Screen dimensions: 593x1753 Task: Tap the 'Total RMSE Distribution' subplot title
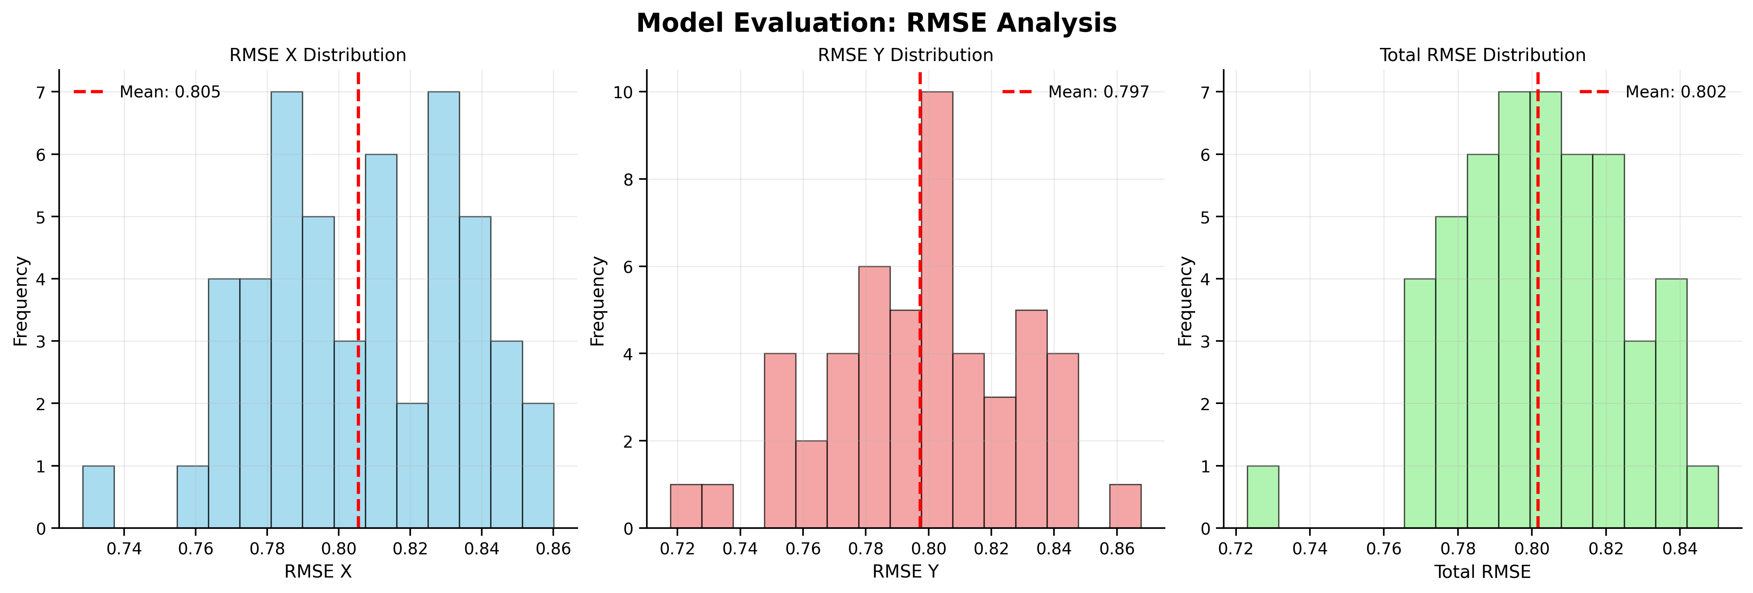tap(1482, 55)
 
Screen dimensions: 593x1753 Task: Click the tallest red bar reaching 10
tap(937, 309)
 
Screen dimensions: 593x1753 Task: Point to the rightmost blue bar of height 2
tap(538, 466)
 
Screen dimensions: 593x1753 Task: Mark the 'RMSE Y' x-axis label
tap(905, 572)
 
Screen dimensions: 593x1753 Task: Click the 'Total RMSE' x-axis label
tap(1482, 572)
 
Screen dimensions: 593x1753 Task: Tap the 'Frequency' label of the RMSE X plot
tap(21, 301)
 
